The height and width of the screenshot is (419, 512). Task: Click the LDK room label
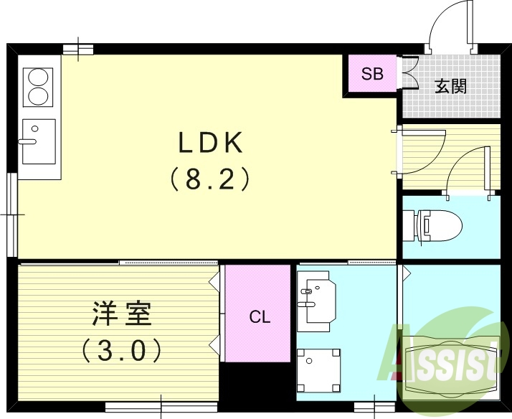click(x=212, y=143)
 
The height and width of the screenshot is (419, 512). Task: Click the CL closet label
click(x=260, y=317)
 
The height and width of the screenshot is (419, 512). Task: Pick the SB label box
click(x=372, y=74)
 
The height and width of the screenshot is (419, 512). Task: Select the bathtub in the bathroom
click(x=450, y=366)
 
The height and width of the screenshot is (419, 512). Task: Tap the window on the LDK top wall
click(x=78, y=49)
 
